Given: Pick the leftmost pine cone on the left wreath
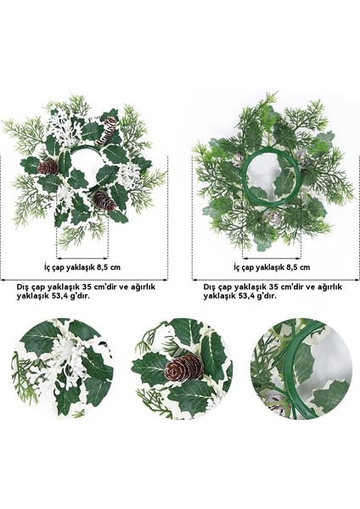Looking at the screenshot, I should click(48, 166).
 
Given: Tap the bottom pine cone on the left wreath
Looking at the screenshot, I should click(103, 200).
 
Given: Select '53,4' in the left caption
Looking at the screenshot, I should click(62, 297).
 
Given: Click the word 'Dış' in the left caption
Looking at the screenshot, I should click(24, 287).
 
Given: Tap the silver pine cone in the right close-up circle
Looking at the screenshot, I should click(276, 406).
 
